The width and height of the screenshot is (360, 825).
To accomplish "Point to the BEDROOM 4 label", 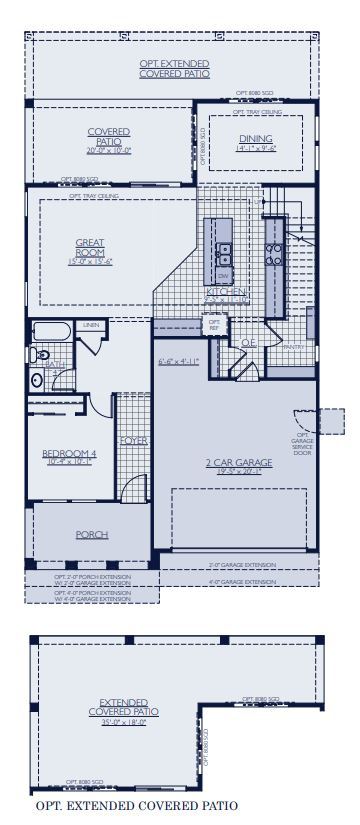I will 69,454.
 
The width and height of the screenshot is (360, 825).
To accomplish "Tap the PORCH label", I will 92,535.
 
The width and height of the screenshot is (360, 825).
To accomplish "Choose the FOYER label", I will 134,441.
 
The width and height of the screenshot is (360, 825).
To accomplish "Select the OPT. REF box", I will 214,325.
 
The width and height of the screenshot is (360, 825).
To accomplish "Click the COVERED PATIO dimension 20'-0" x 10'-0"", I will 108,151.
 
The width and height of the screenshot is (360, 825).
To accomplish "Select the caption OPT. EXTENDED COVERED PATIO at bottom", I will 136,804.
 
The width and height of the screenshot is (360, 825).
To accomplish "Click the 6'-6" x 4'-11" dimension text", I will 179,361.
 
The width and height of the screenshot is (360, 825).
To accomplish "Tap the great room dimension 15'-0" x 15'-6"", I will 90,261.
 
